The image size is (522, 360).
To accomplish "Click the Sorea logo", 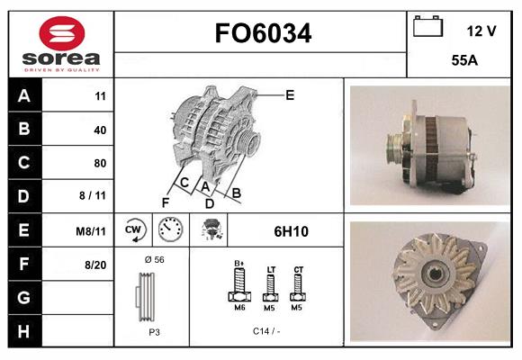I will (x=60, y=43).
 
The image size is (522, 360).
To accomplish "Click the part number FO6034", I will (x=263, y=34).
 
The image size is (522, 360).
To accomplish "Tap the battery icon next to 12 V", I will (x=427, y=27).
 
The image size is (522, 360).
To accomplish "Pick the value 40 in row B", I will (x=100, y=130).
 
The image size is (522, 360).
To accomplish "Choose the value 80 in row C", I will (x=100, y=163).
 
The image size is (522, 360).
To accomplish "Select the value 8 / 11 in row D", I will (x=94, y=196).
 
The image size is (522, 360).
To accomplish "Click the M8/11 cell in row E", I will (x=92, y=231).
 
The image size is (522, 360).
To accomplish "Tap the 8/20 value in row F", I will (x=95, y=265).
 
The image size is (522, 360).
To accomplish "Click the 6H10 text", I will (x=291, y=231).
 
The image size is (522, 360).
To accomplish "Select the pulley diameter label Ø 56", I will (x=154, y=259).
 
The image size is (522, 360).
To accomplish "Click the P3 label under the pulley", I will (x=153, y=331).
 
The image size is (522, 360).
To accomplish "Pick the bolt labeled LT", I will (x=270, y=286).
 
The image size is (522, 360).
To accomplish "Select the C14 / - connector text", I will (x=267, y=331).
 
